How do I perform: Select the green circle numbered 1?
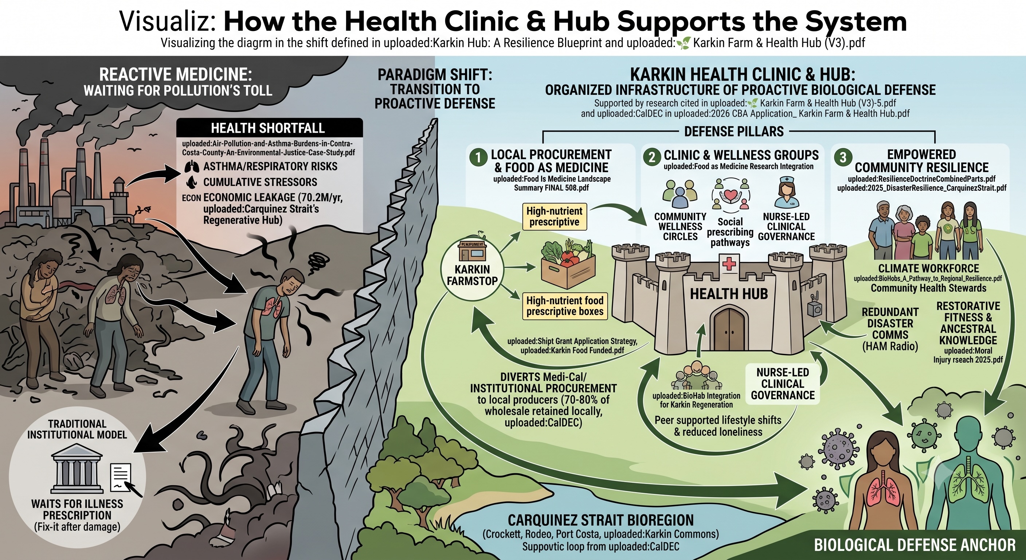pyautogui.click(x=478, y=157)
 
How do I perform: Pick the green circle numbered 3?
pyautogui.click(x=843, y=157)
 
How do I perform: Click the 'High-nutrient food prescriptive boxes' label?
pyautogui.click(x=565, y=306)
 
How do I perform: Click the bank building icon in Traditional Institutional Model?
pyautogui.click(x=77, y=473)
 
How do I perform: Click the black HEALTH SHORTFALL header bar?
pyautogui.click(x=269, y=128)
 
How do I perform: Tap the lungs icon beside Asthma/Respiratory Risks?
pyautogui.click(x=192, y=167)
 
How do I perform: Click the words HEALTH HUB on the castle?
pyautogui.click(x=729, y=294)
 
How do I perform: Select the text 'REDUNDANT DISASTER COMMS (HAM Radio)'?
pyautogui.click(x=890, y=329)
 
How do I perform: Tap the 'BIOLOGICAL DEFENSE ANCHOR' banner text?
pyautogui.click(x=915, y=545)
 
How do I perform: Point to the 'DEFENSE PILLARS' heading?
pyautogui.click(x=734, y=132)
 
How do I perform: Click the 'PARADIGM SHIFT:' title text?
pyautogui.click(x=435, y=74)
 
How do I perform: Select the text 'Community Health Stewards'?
pyautogui.click(x=928, y=288)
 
